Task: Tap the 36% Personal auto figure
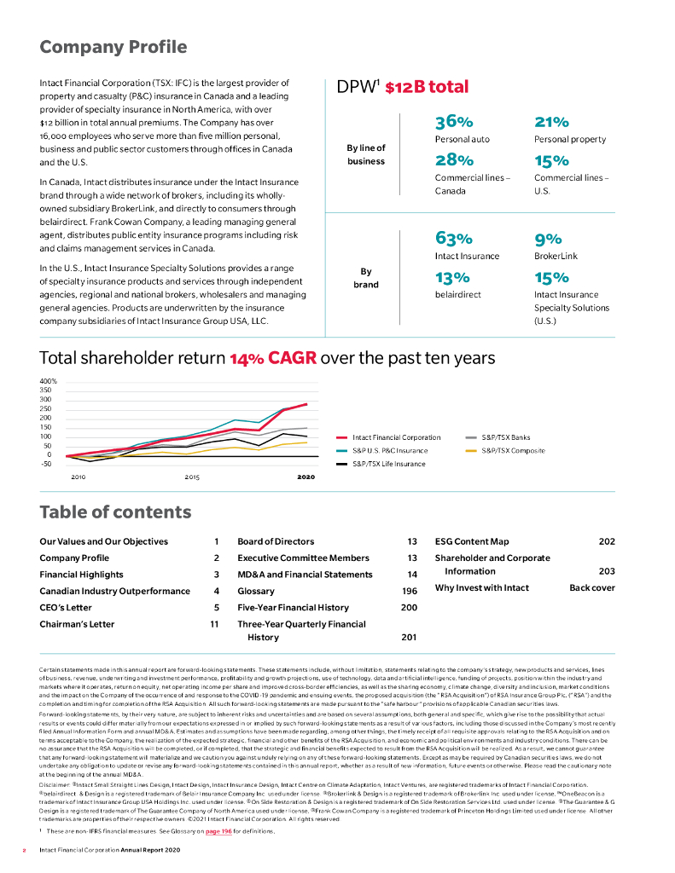(454, 123)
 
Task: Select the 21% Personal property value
(551, 123)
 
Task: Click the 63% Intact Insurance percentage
(454, 240)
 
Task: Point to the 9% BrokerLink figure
(547, 240)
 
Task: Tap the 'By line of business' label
(365, 153)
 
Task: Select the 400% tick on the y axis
(48, 381)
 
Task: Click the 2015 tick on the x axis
(192, 477)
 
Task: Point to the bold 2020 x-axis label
(305, 477)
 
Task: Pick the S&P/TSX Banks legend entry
(506, 437)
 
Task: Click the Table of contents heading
(115, 512)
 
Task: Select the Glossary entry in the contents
(256, 591)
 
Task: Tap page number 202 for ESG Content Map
(607, 541)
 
